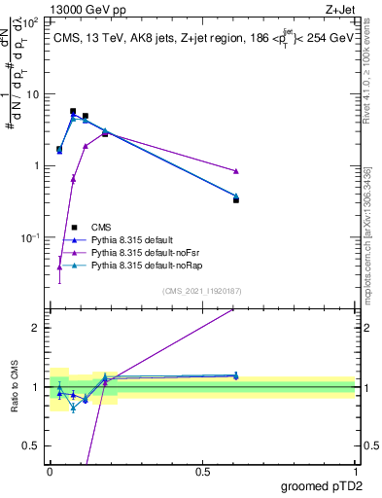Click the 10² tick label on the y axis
(x=29, y=21)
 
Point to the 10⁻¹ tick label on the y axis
(x=29, y=237)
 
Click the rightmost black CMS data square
(x=236, y=199)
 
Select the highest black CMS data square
(x=73, y=112)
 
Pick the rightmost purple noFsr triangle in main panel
(x=236, y=171)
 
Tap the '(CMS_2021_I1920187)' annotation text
(x=202, y=291)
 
